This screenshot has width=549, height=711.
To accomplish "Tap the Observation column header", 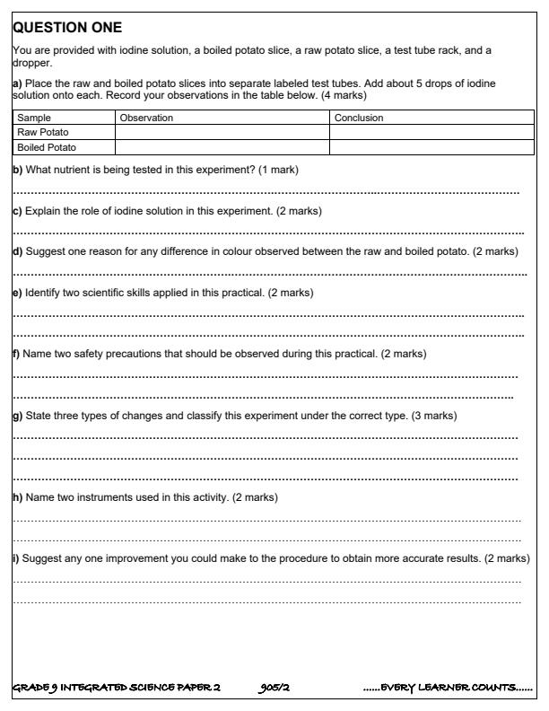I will click(146, 118).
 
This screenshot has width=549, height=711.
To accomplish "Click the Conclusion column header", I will click(358, 118).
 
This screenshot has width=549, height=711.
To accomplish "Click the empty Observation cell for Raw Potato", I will click(222, 133).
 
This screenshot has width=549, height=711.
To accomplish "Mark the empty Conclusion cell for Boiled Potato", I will click(428, 147).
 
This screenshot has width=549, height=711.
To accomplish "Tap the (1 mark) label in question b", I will click(278, 170).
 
